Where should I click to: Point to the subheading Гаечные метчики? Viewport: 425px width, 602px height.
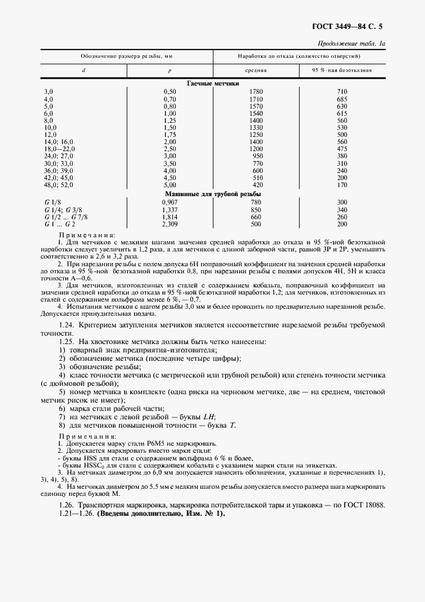tap(213, 84)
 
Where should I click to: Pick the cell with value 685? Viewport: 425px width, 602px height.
tap(342, 100)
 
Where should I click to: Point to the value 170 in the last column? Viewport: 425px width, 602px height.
tap(342, 185)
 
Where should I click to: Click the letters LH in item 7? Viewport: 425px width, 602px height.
tap(208, 417)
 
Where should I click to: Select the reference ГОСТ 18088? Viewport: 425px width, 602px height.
tap(363, 505)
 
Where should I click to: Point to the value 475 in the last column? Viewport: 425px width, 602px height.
tap(342, 149)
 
